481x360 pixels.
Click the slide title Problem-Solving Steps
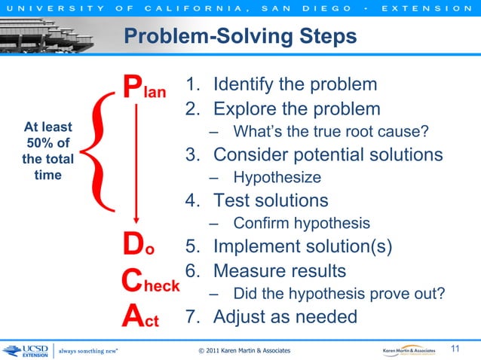(x=239, y=36)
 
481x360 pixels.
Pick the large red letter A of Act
(x=133, y=316)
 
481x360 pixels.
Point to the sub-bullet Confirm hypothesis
(x=301, y=224)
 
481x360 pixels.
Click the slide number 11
(x=455, y=348)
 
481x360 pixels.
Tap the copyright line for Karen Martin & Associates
(x=243, y=351)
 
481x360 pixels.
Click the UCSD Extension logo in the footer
(x=25, y=351)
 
